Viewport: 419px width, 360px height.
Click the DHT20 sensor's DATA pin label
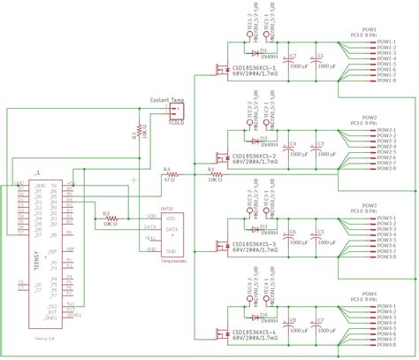click(x=150, y=226)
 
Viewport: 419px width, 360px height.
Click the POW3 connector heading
click(x=369, y=204)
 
